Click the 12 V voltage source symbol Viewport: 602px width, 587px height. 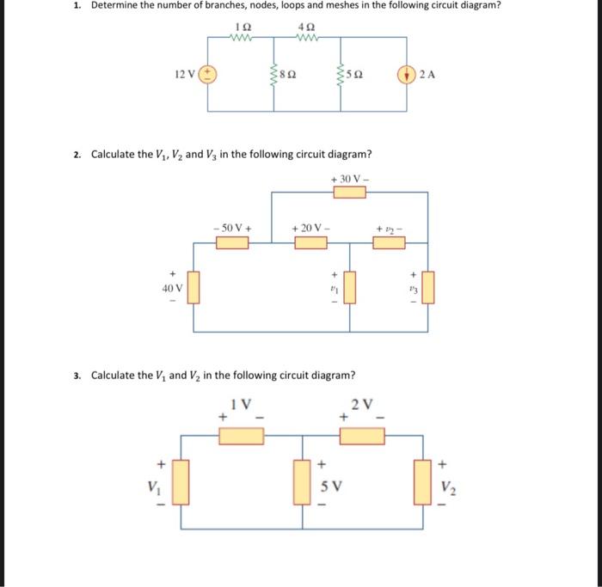click(x=208, y=74)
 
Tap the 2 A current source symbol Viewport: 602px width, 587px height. click(x=406, y=74)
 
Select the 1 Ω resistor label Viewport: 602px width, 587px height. click(x=241, y=27)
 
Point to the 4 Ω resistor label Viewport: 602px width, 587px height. click(x=307, y=27)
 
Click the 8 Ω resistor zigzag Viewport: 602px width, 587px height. click(x=274, y=74)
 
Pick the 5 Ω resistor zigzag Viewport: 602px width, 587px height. click(x=340, y=74)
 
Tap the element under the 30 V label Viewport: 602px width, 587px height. click(x=350, y=192)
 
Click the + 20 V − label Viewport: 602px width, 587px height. click(x=310, y=228)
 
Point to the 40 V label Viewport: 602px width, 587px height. click(x=172, y=288)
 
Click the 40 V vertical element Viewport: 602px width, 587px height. click(x=193, y=288)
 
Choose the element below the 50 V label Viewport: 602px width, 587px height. click(x=232, y=243)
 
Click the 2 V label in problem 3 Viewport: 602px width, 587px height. click(x=362, y=402)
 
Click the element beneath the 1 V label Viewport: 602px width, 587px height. click(x=242, y=437)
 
